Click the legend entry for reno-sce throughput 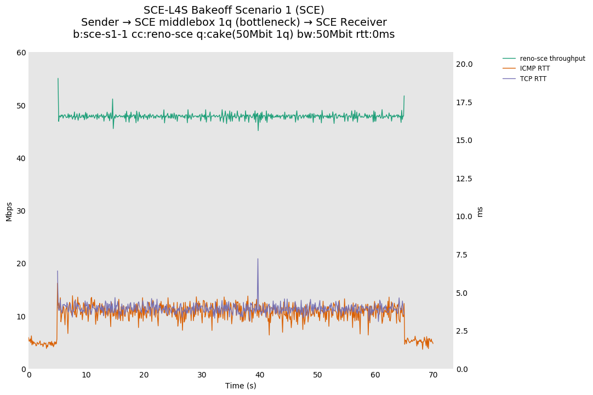(552, 59)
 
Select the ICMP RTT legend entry (534, 68)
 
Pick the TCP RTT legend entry (533, 79)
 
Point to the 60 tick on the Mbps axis (21, 53)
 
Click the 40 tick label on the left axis (21, 158)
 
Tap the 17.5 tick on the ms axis (464, 102)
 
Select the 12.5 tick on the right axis (464, 179)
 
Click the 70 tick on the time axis (433, 375)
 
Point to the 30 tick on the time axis (202, 375)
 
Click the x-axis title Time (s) (241, 386)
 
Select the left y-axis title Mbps (9, 211)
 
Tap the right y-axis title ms (480, 211)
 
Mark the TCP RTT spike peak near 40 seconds (258, 259)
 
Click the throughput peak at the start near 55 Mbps (58, 78)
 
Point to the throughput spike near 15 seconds (112, 99)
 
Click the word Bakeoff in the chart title (214, 10)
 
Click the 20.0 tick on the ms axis (464, 64)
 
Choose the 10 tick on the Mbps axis (21, 317)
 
